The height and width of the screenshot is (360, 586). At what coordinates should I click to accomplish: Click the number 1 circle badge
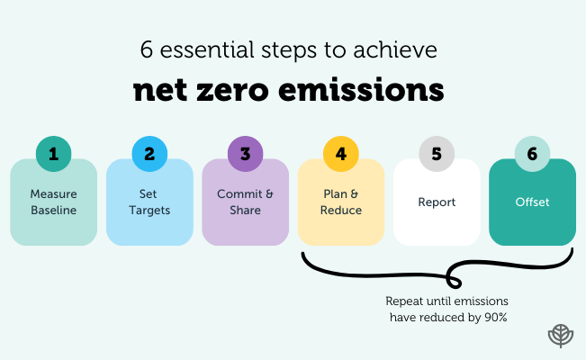tap(53, 154)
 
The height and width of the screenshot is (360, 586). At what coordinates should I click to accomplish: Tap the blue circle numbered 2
tap(149, 154)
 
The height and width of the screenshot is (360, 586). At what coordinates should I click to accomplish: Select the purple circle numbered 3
tap(245, 154)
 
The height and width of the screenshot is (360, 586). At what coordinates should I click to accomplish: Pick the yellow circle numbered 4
tap(340, 154)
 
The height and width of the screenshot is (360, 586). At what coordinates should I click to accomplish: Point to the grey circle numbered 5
tap(437, 154)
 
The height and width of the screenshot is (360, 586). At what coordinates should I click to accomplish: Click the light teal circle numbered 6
tap(532, 154)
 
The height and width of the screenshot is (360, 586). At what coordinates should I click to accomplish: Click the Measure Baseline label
tap(53, 202)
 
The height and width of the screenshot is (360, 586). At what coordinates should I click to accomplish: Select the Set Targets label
tap(149, 202)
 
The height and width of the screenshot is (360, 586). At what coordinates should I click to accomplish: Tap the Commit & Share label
tap(245, 202)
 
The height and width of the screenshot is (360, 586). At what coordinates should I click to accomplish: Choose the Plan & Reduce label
tap(340, 202)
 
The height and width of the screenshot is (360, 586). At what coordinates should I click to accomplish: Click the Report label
tap(437, 202)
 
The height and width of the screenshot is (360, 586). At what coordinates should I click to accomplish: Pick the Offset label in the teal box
tap(532, 202)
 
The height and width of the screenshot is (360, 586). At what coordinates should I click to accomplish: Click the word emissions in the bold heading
tap(377, 91)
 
